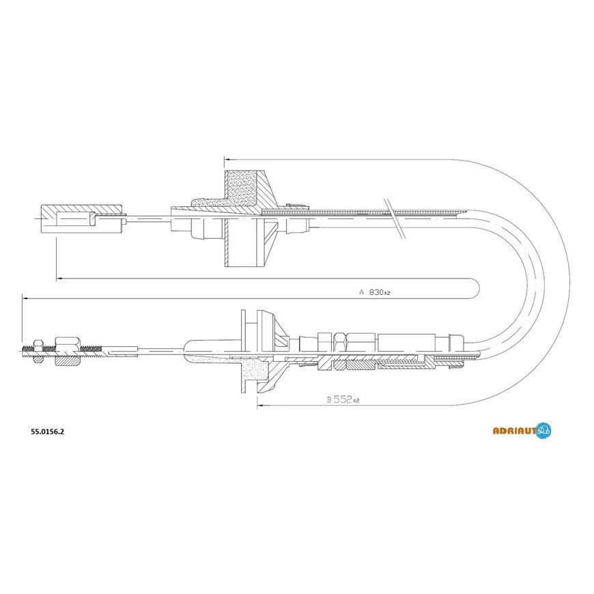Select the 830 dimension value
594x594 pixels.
(x=378, y=292)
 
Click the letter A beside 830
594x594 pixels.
(x=362, y=292)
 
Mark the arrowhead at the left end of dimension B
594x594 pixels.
(x=260, y=406)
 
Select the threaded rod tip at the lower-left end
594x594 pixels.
(x=27, y=352)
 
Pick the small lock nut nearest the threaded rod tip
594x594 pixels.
(x=39, y=348)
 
